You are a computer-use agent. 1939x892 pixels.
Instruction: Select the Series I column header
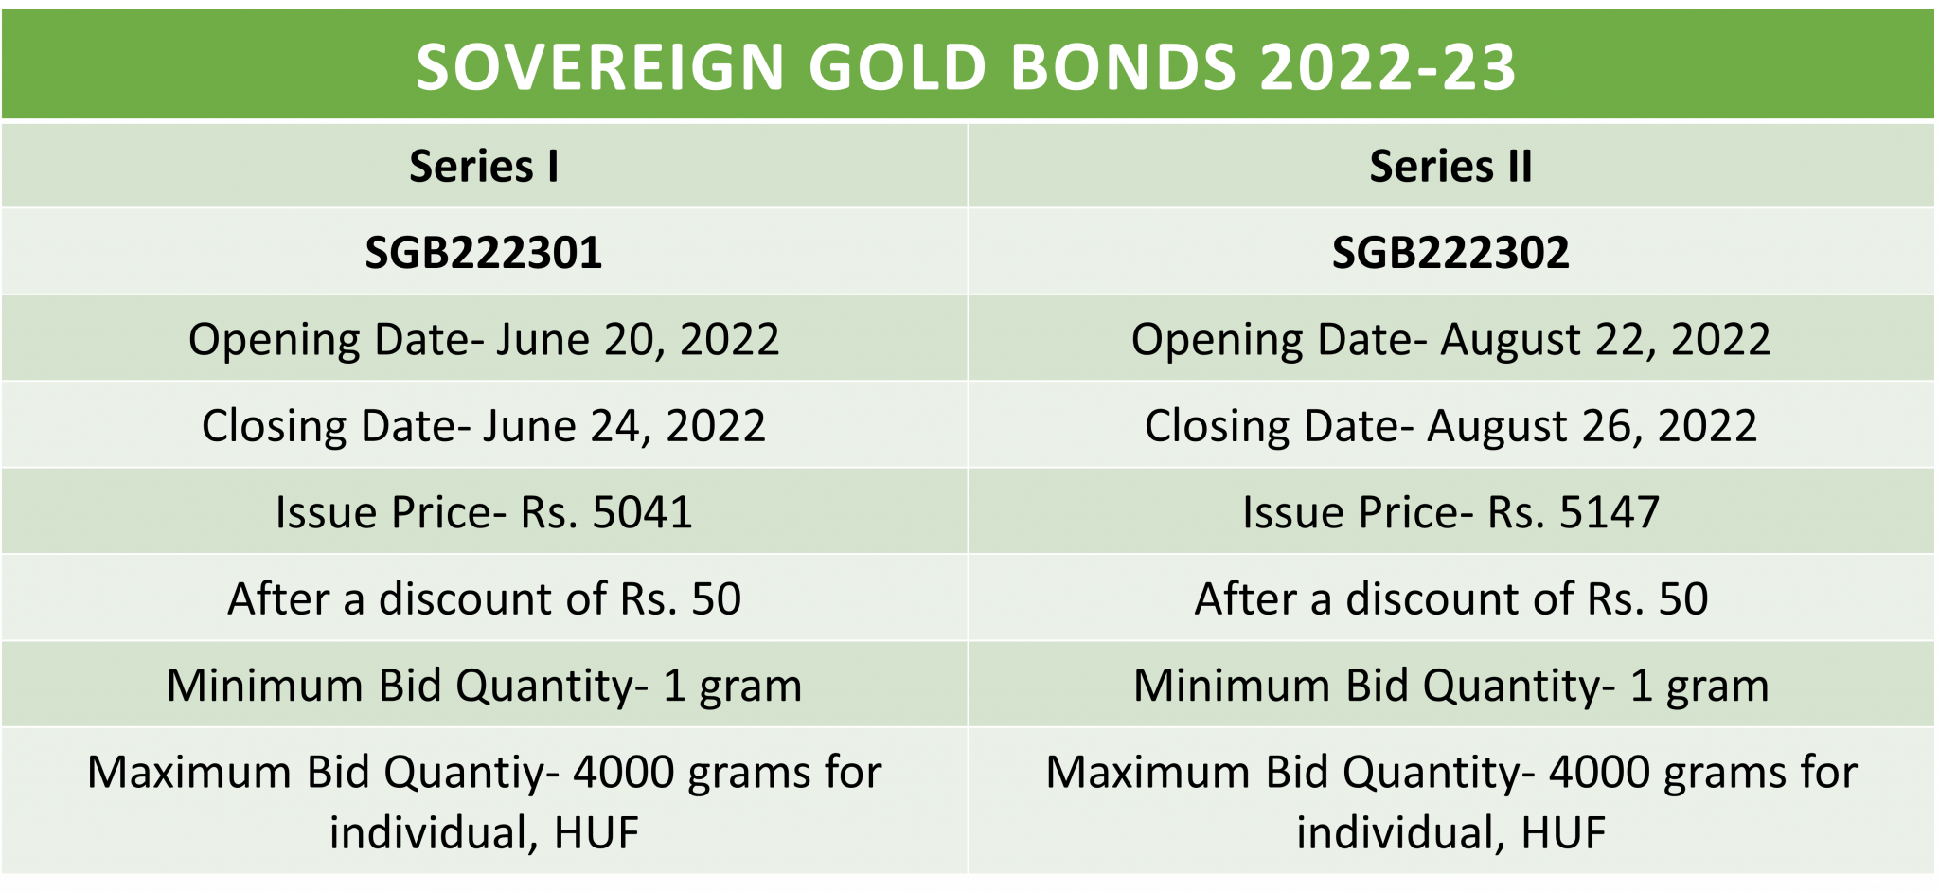click(x=484, y=167)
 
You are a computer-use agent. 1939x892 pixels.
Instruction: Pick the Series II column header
click(x=1450, y=167)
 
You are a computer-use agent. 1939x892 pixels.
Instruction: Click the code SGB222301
click(x=484, y=253)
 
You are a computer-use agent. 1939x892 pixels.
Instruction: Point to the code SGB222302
click(x=1450, y=253)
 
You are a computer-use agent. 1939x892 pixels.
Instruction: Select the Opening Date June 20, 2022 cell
click(x=484, y=339)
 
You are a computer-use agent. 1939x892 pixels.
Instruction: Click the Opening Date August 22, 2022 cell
click(x=1450, y=339)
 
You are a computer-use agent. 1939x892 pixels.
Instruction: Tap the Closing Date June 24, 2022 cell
click(x=484, y=425)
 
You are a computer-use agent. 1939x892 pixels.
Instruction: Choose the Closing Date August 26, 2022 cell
click(x=1450, y=425)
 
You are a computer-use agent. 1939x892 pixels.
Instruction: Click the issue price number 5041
click(x=642, y=512)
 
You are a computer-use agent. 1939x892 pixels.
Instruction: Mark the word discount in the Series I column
click(x=492, y=598)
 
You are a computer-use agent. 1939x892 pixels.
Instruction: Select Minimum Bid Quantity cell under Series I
click(x=484, y=686)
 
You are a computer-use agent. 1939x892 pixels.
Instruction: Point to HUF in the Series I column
click(x=596, y=833)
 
